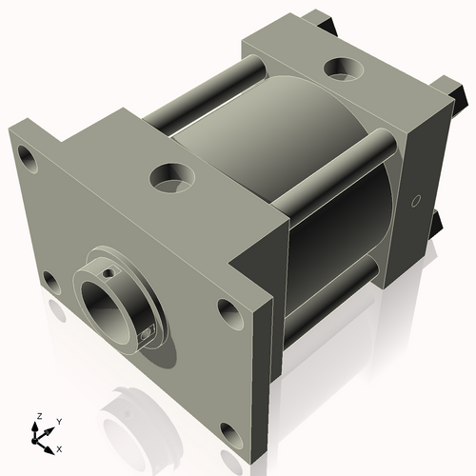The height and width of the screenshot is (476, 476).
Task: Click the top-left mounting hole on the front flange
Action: [x=28, y=156]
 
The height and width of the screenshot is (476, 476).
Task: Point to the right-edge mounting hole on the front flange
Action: [x=228, y=309]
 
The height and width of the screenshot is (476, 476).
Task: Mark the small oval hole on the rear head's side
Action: [x=415, y=201]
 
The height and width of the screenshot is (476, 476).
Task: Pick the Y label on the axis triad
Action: [x=58, y=421]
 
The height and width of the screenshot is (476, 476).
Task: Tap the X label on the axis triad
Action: [x=59, y=447]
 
